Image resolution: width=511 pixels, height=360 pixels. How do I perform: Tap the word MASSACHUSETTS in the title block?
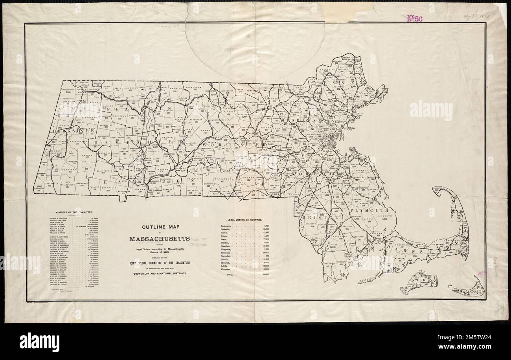[160, 239]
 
